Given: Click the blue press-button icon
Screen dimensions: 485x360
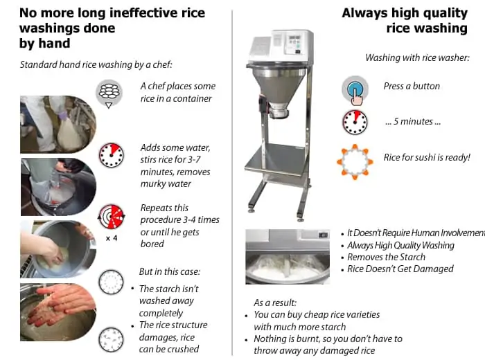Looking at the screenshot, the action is point(355,89).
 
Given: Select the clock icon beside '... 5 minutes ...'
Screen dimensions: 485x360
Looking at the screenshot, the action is point(355,122).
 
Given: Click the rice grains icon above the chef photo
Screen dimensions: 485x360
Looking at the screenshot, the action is point(109,93).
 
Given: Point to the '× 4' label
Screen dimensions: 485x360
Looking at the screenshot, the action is point(112,238).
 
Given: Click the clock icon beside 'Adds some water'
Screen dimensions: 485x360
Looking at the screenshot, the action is point(111,155).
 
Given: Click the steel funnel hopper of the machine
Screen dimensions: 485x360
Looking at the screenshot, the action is point(278,86).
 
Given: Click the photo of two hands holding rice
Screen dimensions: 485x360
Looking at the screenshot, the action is point(58,312).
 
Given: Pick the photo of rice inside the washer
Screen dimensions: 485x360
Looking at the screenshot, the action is point(288,256).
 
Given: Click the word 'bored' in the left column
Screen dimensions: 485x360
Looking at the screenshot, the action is point(152,244).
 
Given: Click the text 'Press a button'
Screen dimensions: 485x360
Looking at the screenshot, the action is point(412,86).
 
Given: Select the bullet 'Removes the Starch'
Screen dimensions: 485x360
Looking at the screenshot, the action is point(386,257).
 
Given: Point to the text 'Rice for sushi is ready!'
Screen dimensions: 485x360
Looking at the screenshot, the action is point(427,157).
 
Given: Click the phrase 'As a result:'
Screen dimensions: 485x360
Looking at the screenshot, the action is point(275,303).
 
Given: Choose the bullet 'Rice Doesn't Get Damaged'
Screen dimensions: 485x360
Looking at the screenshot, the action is point(400,269).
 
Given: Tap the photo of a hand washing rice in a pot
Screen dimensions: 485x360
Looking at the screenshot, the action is point(58,249).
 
